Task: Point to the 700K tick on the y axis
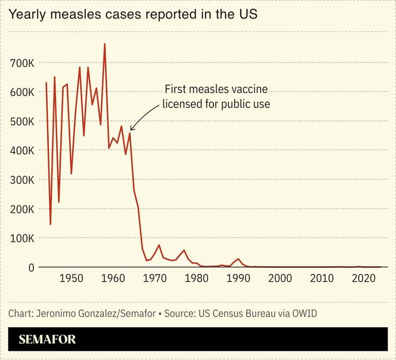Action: pyautogui.click(x=23, y=63)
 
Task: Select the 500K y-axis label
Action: pyautogui.click(x=23, y=121)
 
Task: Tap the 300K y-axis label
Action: pyautogui.click(x=23, y=180)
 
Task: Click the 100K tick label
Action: pyautogui.click(x=23, y=238)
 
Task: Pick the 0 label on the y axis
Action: pyautogui.click(x=31, y=267)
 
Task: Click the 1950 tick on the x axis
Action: pyautogui.click(x=71, y=279)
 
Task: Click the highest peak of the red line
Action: pyautogui.click(x=104, y=44)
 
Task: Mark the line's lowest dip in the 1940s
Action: pyautogui.click(x=50, y=224)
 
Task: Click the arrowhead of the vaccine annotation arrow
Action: pyautogui.click(x=131, y=129)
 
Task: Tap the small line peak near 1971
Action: pyautogui.click(x=159, y=245)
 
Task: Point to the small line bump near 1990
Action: pyautogui.click(x=238, y=259)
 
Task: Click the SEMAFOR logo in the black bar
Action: pyautogui.click(x=47, y=340)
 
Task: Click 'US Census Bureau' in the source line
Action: pyautogui.click(x=229, y=313)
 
